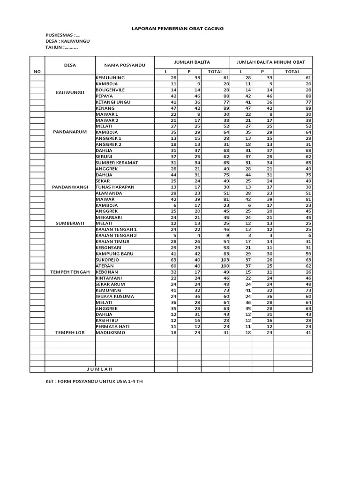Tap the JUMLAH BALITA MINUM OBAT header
[270, 62]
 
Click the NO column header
[37, 72]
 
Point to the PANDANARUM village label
[70, 132]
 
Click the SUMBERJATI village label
[70, 224]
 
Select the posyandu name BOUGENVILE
[110, 90]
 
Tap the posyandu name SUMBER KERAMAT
[117, 163]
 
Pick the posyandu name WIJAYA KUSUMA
[115, 296]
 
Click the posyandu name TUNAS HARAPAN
[115, 187]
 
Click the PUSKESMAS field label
[63, 35]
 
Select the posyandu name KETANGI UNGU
[113, 102]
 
